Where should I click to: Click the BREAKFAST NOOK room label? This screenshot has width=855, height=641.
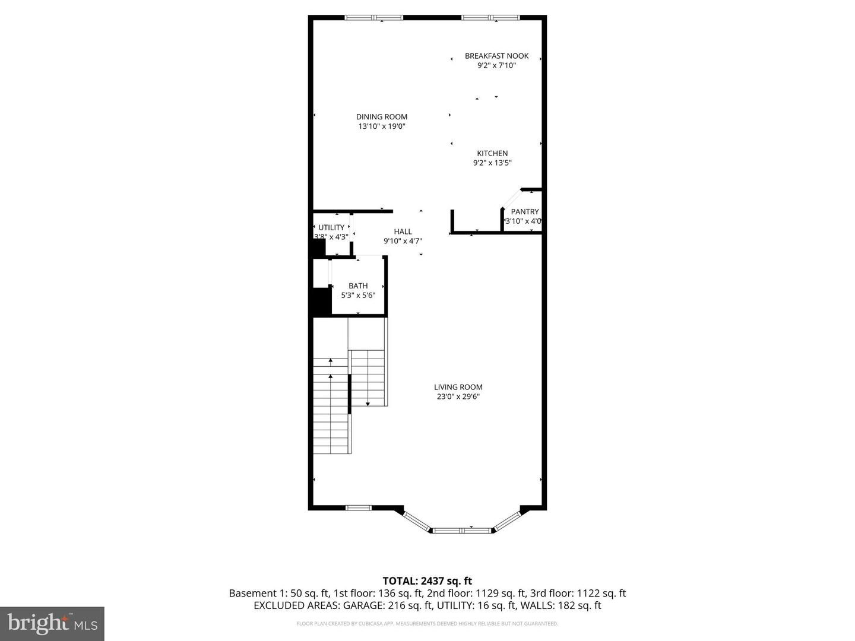pyautogui.click(x=496, y=56)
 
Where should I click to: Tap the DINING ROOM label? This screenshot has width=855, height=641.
pyautogui.click(x=382, y=117)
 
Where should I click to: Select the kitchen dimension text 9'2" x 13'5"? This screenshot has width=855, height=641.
pyautogui.click(x=492, y=163)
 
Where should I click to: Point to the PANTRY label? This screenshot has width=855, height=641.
pyautogui.click(x=525, y=212)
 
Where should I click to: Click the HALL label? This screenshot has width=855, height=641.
pyautogui.click(x=403, y=232)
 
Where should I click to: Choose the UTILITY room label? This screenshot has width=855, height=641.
pyautogui.click(x=331, y=227)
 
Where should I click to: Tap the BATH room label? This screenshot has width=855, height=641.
pyautogui.click(x=358, y=286)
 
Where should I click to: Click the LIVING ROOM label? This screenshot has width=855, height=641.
pyautogui.click(x=458, y=387)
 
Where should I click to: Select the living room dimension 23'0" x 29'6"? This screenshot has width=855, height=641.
pyautogui.click(x=458, y=396)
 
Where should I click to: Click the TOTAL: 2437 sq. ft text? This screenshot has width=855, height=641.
pyautogui.click(x=427, y=581)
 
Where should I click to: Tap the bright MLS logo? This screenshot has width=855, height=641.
pyautogui.click(x=52, y=623)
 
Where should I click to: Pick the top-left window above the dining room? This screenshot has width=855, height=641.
pyautogui.click(x=374, y=18)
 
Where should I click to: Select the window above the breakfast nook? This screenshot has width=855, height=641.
pyautogui.click(x=490, y=18)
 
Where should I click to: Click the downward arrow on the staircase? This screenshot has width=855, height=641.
pyautogui.click(x=368, y=403)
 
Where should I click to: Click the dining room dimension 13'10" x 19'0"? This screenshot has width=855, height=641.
pyautogui.click(x=382, y=126)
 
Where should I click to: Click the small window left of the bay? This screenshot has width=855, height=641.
pyautogui.click(x=359, y=507)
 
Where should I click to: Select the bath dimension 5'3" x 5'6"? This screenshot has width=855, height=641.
pyautogui.click(x=358, y=295)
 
